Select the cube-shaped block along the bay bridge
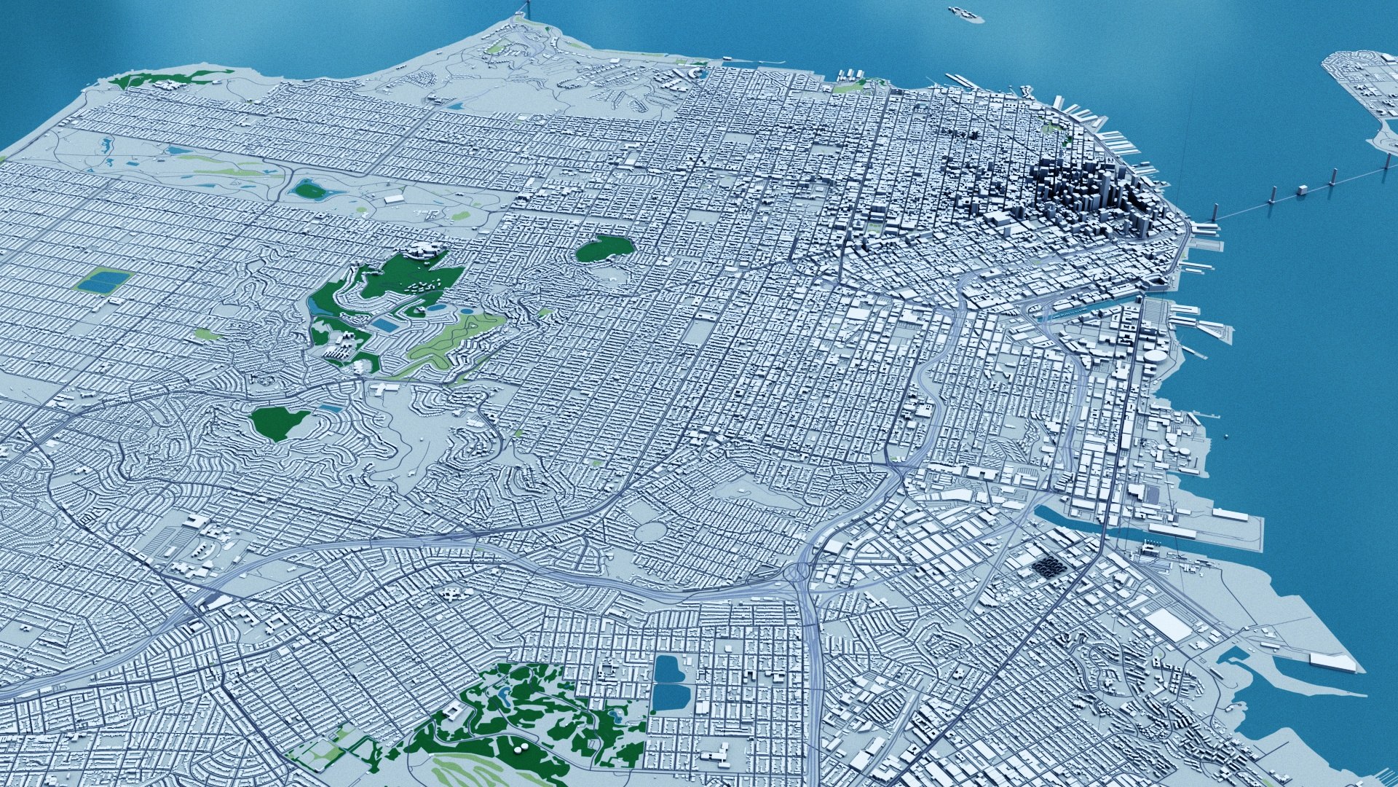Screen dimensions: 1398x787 point(1302,190)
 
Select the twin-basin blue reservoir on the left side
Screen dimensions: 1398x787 point(103,281)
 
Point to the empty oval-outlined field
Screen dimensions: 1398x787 point(653,530)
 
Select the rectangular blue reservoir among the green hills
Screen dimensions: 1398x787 point(390,324)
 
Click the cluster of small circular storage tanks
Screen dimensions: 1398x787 point(1009,595)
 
